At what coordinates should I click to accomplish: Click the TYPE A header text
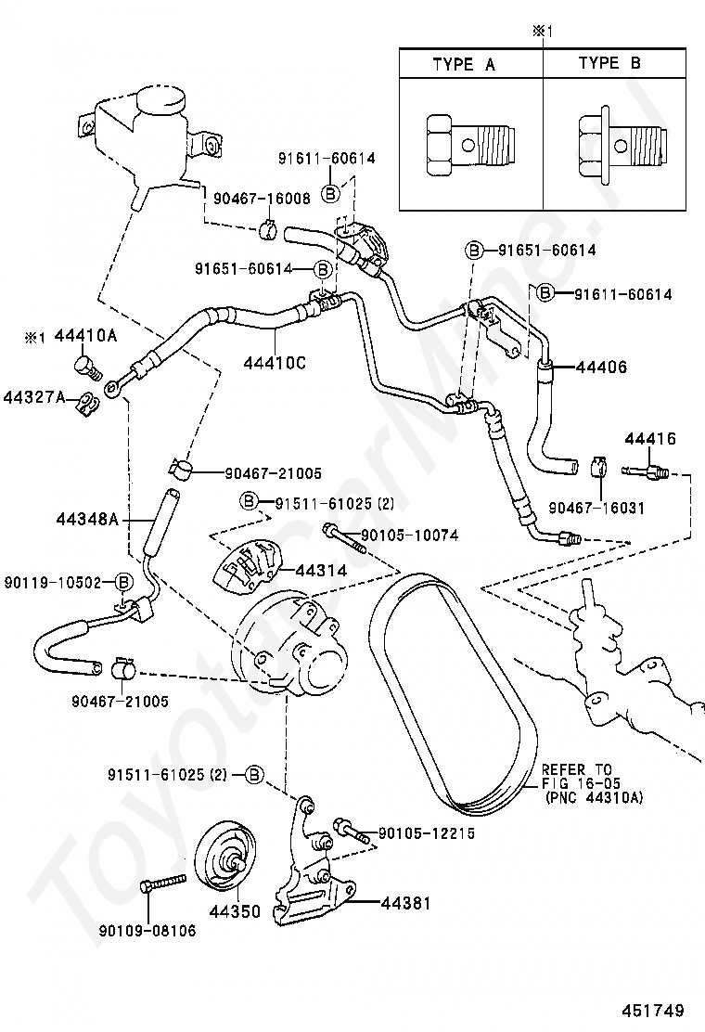pyautogui.click(x=464, y=65)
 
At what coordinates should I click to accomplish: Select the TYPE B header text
pyautogui.click(x=609, y=63)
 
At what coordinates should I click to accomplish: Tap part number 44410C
pyautogui.click(x=275, y=363)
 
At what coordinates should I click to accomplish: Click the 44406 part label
pyautogui.click(x=601, y=368)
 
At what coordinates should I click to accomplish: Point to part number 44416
pyautogui.click(x=649, y=438)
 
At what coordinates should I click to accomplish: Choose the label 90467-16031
pyautogui.click(x=596, y=508)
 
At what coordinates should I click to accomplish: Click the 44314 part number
pyautogui.click(x=321, y=571)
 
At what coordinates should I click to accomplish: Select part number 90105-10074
pyautogui.click(x=410, y=535)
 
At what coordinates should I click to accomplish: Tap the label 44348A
pyautogui.click(x=87, y=520)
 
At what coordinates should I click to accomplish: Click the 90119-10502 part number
pyautogui.click(x=53, y=583)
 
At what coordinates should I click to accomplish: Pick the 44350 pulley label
pyautogui.click(x=235, y=911)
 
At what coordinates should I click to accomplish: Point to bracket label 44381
pyautogui.click(x=405, y=903)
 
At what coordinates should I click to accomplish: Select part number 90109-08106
pyautogui.click(x=147, y=931)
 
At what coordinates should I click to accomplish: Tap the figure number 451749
pyautogui.click(x=653, y=1011)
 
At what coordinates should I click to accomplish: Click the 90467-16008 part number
pyautogui.click(x=261, y=198)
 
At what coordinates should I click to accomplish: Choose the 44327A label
pyautogui.click(x=35, y=397)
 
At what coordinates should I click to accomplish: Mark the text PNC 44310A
pyautogui.click(x=595, y=798)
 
